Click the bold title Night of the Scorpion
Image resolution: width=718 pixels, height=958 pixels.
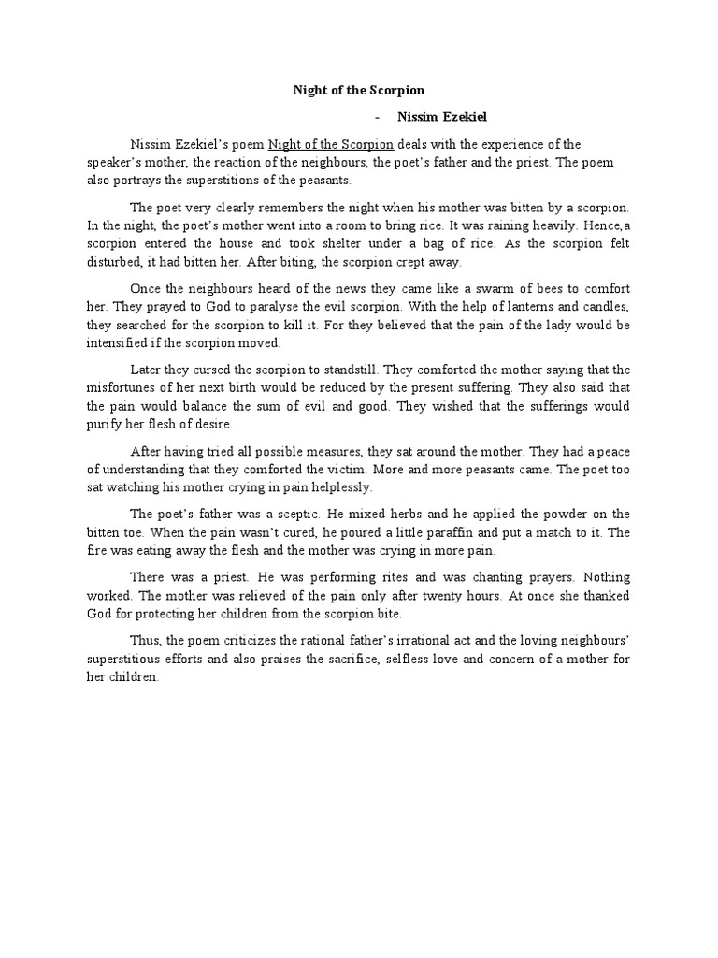[x=359, y=91]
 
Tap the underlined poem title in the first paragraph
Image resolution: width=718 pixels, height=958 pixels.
[x=331, y=144]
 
